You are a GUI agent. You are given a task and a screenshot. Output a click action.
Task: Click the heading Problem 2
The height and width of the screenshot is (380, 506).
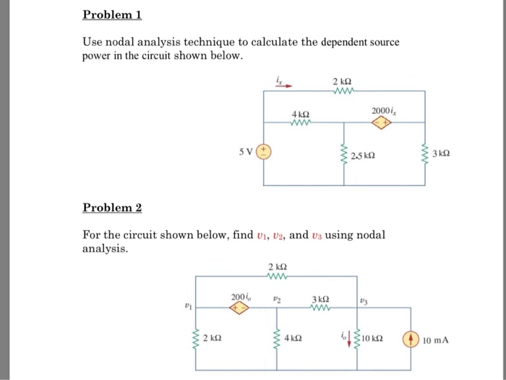coord(112,208)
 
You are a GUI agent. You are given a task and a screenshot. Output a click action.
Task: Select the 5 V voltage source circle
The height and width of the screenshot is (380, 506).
coord(265,152)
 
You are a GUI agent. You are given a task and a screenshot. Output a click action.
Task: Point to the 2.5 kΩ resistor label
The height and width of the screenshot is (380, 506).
coord(363,156)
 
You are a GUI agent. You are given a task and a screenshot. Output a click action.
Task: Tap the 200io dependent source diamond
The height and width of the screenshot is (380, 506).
coord(239,307)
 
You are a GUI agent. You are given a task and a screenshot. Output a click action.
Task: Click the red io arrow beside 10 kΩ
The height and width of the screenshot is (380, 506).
coord(350,337)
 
